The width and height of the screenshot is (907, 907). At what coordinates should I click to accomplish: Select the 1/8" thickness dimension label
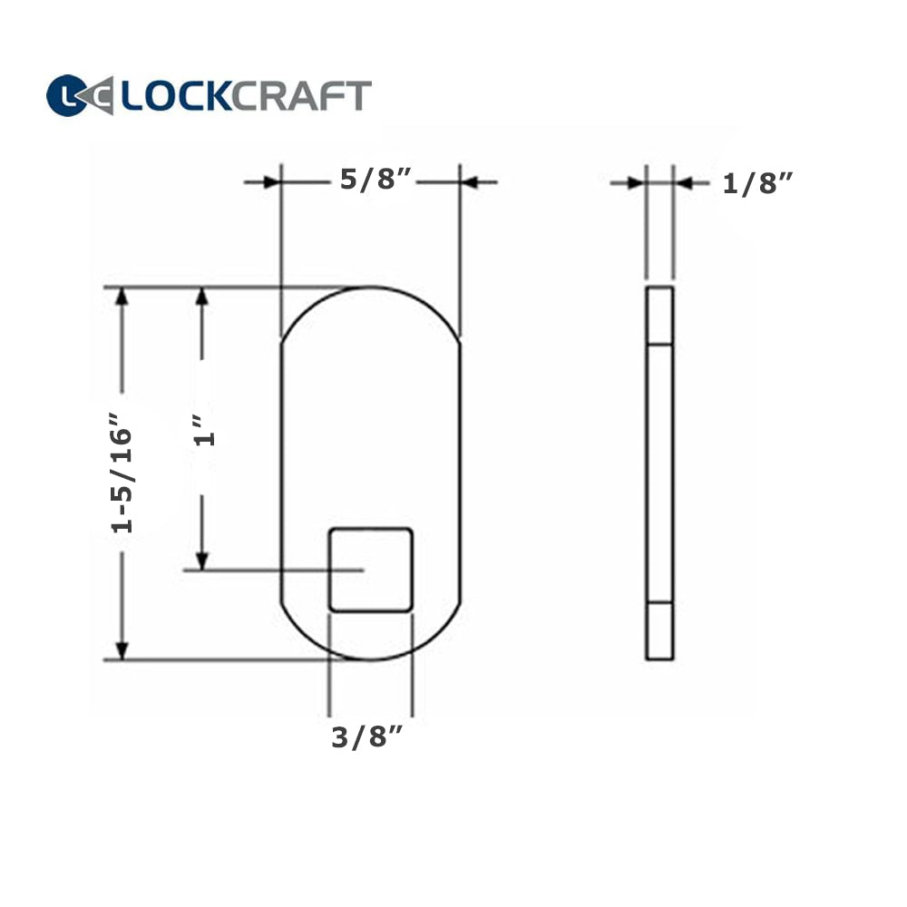[758, 183]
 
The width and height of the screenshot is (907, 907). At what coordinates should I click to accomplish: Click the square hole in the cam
[371, 569]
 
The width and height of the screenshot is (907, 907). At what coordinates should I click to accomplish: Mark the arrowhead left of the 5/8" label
[270, 182]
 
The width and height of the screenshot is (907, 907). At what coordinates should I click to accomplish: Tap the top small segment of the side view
[659, 316]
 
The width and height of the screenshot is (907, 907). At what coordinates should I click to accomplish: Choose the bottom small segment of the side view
[659, 630]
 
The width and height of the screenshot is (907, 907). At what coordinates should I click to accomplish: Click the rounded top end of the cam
[371, 308]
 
